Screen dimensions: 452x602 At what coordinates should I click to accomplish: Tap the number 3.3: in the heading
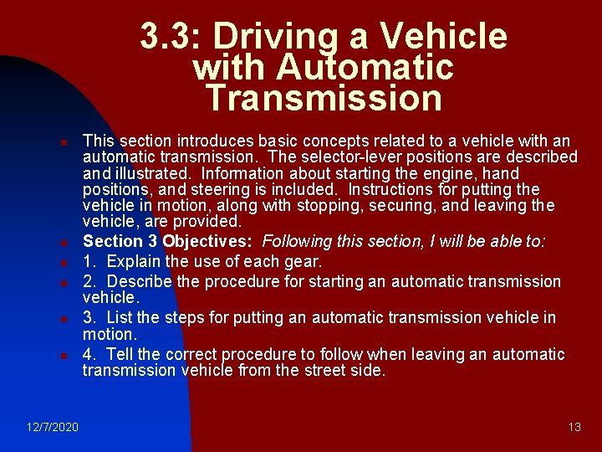(x=171, y=37)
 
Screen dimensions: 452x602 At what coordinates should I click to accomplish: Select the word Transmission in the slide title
(x=324, y=98)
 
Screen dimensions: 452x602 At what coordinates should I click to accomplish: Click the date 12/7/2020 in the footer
(x=52, y=428)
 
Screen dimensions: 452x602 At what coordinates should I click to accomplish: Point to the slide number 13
(x=574, y=428)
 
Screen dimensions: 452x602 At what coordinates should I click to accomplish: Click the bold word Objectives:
(x=209, y=242)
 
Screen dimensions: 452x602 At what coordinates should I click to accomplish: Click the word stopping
(x=355, y=206)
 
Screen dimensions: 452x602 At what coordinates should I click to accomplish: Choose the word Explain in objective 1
(x=137, y=262)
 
